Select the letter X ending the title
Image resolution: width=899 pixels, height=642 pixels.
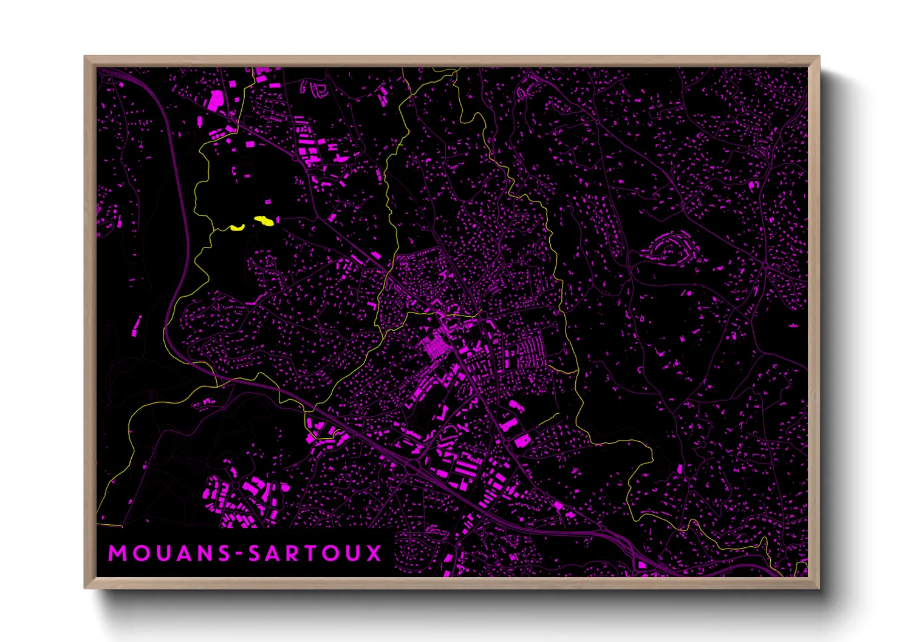(x=373, y=553)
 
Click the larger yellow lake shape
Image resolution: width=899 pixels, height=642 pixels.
(x=264, y=221)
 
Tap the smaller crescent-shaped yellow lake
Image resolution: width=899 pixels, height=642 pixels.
(x=237, y=228)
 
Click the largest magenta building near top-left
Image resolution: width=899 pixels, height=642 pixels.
(x=216, y=100)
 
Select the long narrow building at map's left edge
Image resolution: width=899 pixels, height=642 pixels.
(x=136, y=326)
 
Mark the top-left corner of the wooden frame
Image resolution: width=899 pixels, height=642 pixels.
(x=85, y=57)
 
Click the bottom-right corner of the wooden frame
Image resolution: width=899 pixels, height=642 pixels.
(x=819, y=587)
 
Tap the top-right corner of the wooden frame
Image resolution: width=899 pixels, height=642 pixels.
(x=819, y=57)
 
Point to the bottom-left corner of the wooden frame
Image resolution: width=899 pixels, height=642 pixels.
(x=85, y=587)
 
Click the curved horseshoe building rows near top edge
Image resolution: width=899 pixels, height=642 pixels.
(x=318, y=90)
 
